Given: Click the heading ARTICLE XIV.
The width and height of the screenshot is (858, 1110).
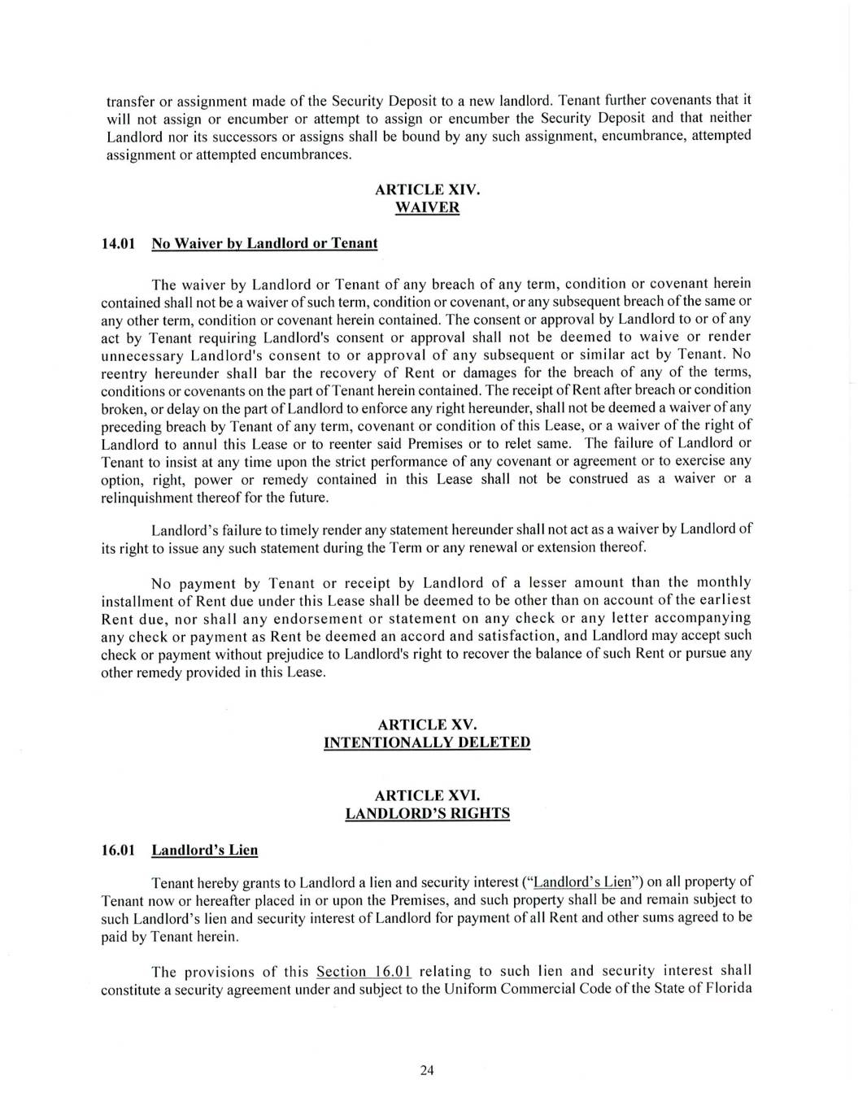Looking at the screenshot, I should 427,189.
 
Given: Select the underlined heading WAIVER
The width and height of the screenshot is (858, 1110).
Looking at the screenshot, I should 427,207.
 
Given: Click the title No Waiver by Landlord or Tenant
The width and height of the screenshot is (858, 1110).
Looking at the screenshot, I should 264,243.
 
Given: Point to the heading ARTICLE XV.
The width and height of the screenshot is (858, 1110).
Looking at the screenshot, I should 427,725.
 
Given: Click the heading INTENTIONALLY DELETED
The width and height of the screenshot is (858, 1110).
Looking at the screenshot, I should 427,742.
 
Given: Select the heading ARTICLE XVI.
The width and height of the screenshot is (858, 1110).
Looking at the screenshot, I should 427,795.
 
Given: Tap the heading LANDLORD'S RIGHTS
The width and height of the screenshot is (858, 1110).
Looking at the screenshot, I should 427,813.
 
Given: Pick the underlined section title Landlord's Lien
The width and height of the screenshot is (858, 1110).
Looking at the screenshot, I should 205,851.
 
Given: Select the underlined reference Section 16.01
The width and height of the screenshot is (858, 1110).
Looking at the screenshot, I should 364,972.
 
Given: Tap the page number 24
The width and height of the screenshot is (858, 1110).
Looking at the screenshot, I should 427,1070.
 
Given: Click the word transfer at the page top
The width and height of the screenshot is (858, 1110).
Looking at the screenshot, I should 128,102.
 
